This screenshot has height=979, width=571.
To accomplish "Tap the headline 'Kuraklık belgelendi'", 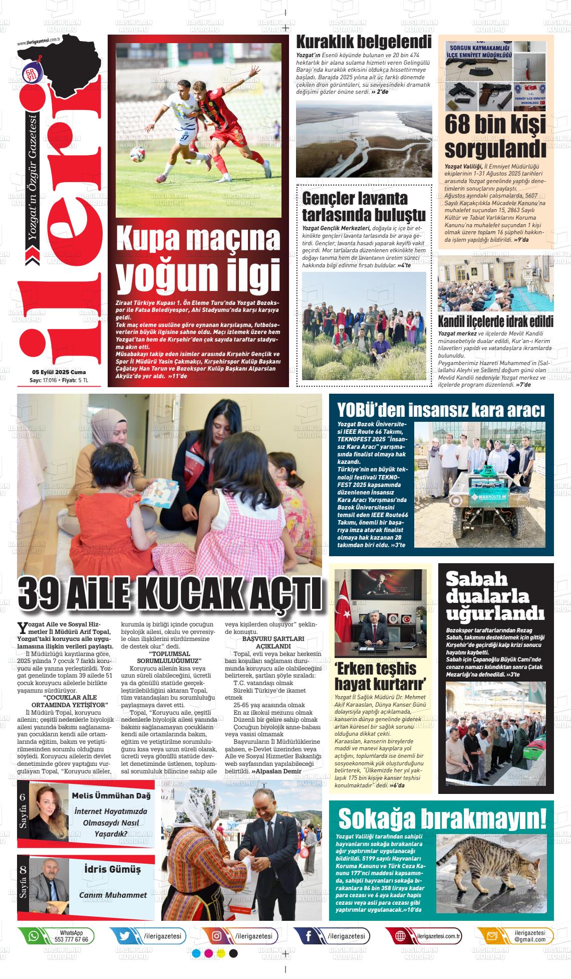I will [364, 42].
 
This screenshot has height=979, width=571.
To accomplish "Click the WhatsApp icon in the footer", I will [34, 936].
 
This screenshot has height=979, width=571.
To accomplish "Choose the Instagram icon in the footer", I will [217, 936].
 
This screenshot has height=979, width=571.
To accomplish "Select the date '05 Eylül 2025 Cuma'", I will [59, 372].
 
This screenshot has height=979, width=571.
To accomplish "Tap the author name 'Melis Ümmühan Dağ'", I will [111, 795].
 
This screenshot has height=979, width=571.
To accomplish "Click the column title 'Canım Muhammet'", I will [113, 895].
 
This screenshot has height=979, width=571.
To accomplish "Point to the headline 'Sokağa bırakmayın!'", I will [442, 819].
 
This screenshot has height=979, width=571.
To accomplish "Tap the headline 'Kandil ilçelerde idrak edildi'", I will [495, 321].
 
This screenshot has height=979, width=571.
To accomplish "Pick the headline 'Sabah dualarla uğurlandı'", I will [495, 596].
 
